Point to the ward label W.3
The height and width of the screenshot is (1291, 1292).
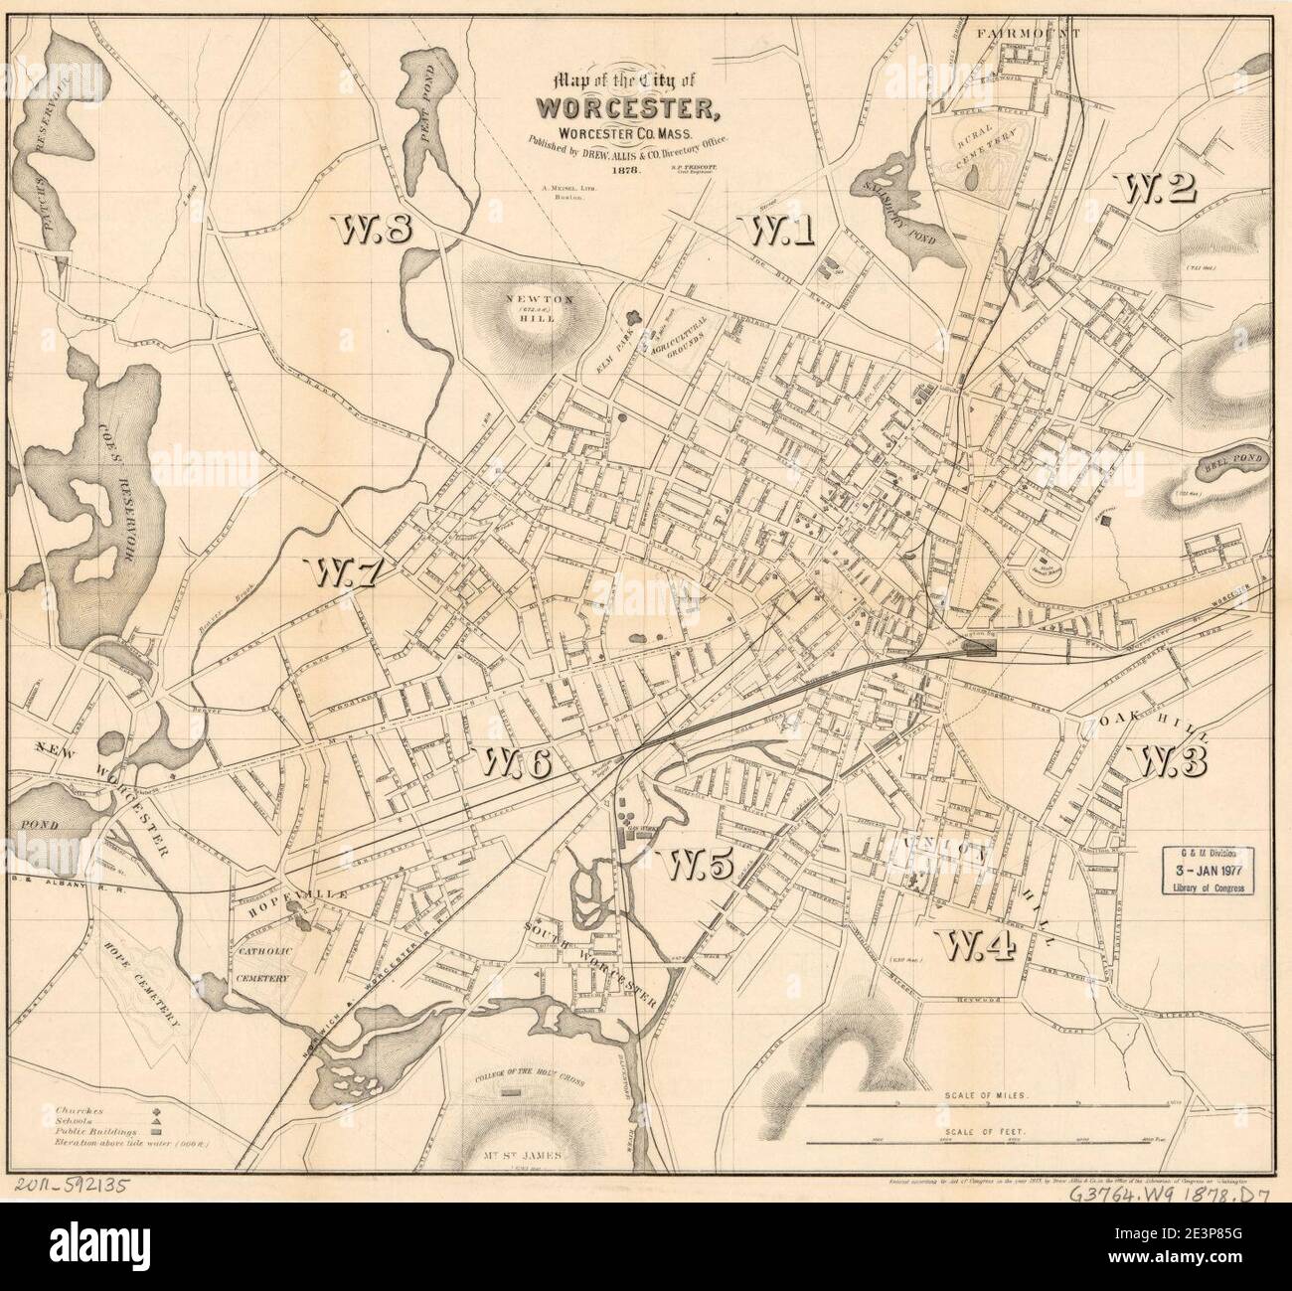1168,761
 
